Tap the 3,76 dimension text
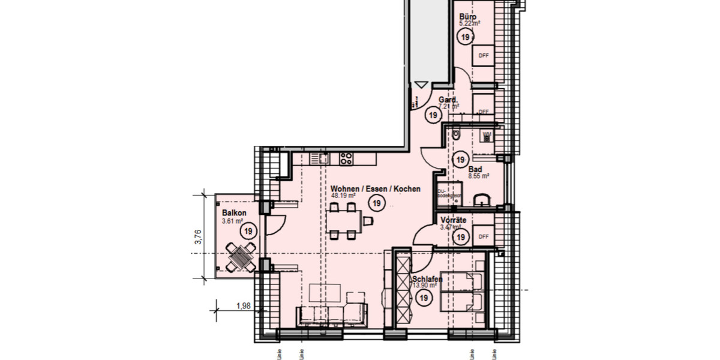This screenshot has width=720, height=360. click(x=197, y=238)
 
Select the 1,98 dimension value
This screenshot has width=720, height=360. click(x=244, y=306)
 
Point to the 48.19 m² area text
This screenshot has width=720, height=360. click(x=344, y=196)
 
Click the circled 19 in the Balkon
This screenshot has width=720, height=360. click(x=247, y=230)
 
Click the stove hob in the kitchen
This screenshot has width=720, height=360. click(x=346, y=158)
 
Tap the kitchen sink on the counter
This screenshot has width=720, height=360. click(x=317, y=158)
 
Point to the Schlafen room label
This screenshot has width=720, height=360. click(x=427, y=280)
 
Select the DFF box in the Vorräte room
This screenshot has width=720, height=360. click(x=484, y=237)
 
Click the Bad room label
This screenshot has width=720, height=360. click(x=475, y=170)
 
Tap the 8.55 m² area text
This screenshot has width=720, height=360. click(x=478, y=177)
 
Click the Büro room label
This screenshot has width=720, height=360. click(x=468, y=17)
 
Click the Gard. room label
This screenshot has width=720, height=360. click(x=448, y=100)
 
